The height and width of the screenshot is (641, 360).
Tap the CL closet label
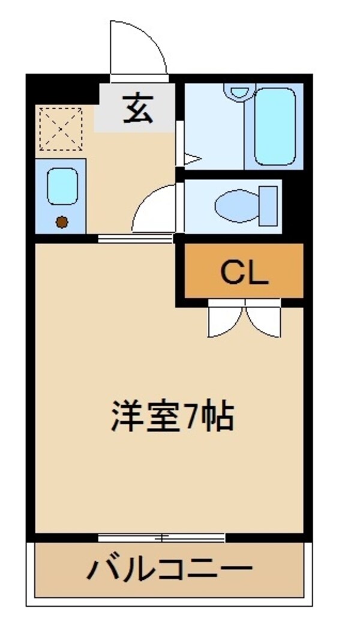244,271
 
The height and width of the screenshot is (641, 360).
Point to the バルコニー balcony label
169,568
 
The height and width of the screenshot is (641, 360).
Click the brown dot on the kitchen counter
62,223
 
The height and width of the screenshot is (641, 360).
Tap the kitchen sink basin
62,186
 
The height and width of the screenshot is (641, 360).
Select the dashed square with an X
61,129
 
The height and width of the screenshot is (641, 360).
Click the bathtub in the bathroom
275,126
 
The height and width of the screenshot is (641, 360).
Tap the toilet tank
269,206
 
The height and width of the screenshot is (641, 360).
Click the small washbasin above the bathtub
239,91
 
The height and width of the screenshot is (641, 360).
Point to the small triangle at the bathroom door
192,159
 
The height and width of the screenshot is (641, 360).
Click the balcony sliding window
161,537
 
